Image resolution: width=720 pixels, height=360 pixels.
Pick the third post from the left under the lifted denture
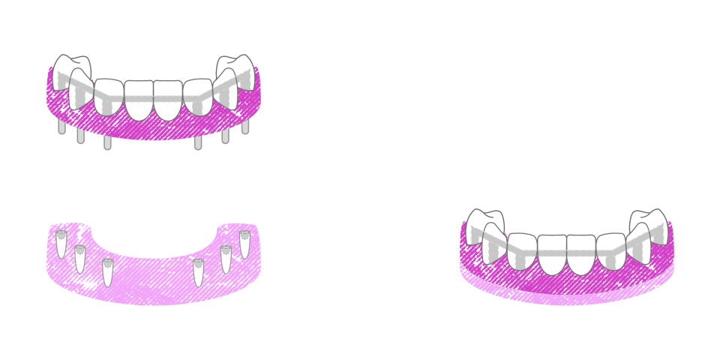click(108, 142)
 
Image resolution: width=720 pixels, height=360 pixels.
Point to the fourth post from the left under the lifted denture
click(198, 142)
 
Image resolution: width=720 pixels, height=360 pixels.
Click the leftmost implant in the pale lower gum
click(61, 244)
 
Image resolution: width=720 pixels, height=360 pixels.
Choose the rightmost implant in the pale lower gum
click(244, 244)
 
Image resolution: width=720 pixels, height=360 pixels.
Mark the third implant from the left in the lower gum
click(108, 272)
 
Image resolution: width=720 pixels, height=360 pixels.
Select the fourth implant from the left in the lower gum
click(198, 272)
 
